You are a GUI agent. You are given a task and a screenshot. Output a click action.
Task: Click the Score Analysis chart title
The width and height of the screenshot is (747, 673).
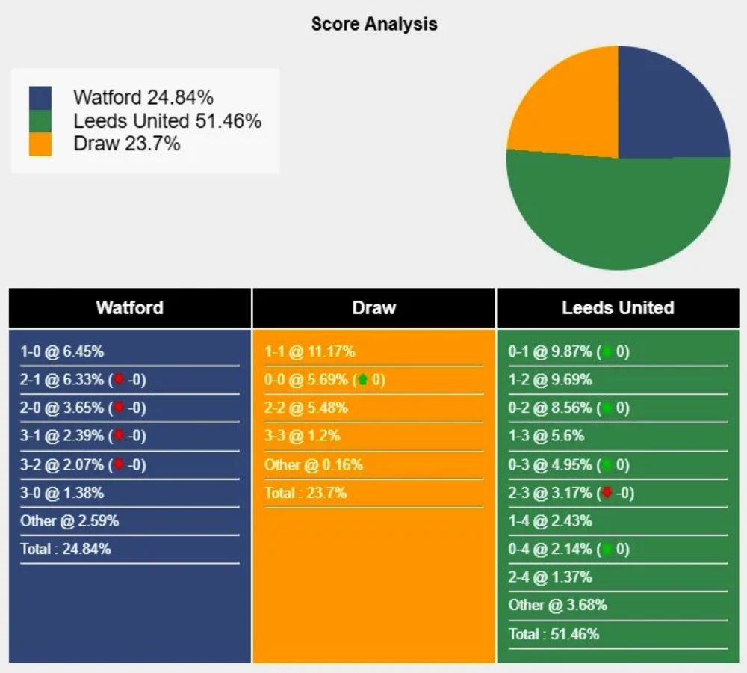[374, 24]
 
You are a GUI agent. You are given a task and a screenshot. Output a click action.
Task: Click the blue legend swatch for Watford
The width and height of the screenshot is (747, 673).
[40, 98]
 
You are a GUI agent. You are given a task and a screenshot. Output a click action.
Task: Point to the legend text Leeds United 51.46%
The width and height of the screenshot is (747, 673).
[167, 120]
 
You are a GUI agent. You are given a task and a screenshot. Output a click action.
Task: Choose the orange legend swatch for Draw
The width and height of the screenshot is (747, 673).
[40, 144]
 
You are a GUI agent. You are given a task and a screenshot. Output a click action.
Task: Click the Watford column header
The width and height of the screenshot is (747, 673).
[129, 307]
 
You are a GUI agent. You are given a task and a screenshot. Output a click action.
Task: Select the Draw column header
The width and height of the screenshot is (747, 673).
[373, 307]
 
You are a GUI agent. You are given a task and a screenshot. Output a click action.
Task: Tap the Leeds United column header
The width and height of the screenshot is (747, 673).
[618, 307]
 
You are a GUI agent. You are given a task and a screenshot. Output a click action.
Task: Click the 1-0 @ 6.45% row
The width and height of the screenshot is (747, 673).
[62, 351]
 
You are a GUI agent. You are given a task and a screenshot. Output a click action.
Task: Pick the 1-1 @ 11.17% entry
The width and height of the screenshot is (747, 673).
[309, 351]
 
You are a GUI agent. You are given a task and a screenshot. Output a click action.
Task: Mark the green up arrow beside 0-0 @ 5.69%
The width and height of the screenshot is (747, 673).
[363, 380]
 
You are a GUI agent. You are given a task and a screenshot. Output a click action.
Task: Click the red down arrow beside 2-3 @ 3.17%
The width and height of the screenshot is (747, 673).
[607, 493]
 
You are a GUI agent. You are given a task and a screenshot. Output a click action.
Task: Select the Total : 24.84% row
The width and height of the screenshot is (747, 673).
[66, 549]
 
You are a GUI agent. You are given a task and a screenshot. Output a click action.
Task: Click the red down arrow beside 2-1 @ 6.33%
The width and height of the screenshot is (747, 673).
[118, 380]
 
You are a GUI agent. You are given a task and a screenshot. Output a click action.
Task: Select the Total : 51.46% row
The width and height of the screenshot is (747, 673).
[554, 634]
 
